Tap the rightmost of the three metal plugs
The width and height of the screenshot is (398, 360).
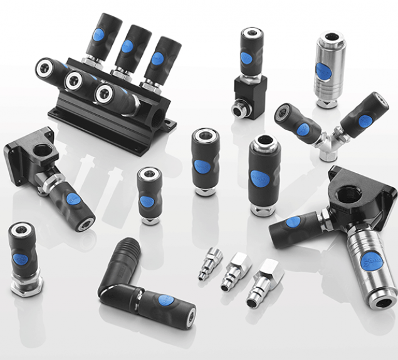pos(261,282)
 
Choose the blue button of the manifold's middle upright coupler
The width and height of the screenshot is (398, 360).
pos(128,46)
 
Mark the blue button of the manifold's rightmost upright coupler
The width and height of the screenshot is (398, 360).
pos(157,58)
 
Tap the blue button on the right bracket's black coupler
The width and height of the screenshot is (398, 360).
pos(292,222)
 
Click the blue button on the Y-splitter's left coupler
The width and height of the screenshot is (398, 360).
pos(302,129)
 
